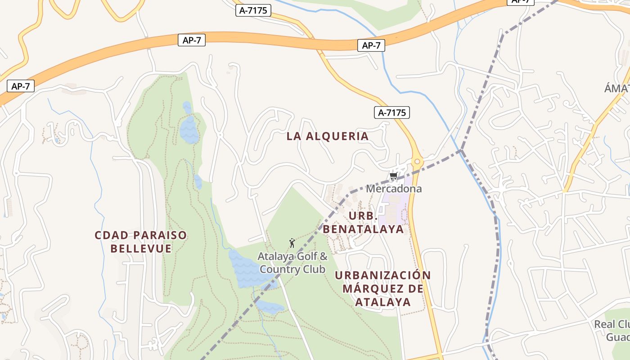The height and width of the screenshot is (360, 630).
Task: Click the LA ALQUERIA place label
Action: (x=328, y=136)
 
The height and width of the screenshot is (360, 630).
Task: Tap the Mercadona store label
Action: (x=394, y=189)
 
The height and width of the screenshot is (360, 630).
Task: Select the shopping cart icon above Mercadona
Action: (x=393, y=176)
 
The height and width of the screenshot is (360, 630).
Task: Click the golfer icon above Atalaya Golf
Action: (x=292, y=243)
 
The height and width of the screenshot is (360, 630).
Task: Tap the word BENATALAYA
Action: (x=363, y=229)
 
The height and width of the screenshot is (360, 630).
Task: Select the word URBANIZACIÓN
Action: (x=383, y=275)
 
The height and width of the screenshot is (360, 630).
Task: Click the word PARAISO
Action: (x=160, y=235)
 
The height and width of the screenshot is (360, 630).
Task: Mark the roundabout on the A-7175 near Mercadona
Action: (x=417, y=162)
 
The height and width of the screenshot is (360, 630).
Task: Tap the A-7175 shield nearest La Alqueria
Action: (x=392, y=112)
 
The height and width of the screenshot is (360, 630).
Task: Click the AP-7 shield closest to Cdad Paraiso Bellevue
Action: (x=21, y=86)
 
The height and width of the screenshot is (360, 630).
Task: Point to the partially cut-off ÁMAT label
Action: (x=616, y=89)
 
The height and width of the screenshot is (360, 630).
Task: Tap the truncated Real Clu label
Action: (x=612, y=324)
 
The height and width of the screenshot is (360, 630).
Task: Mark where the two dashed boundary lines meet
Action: (x=461, y=150)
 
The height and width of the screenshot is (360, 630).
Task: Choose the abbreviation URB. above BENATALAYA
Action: (x=363, y=216)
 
